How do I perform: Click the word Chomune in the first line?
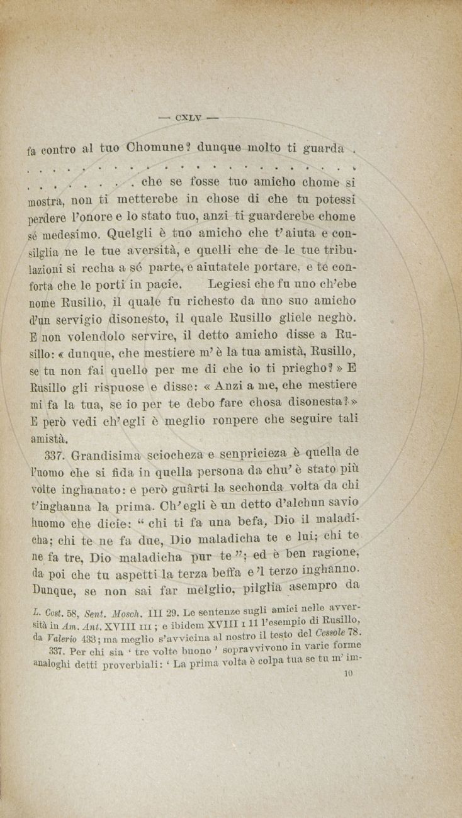point(156,150)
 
